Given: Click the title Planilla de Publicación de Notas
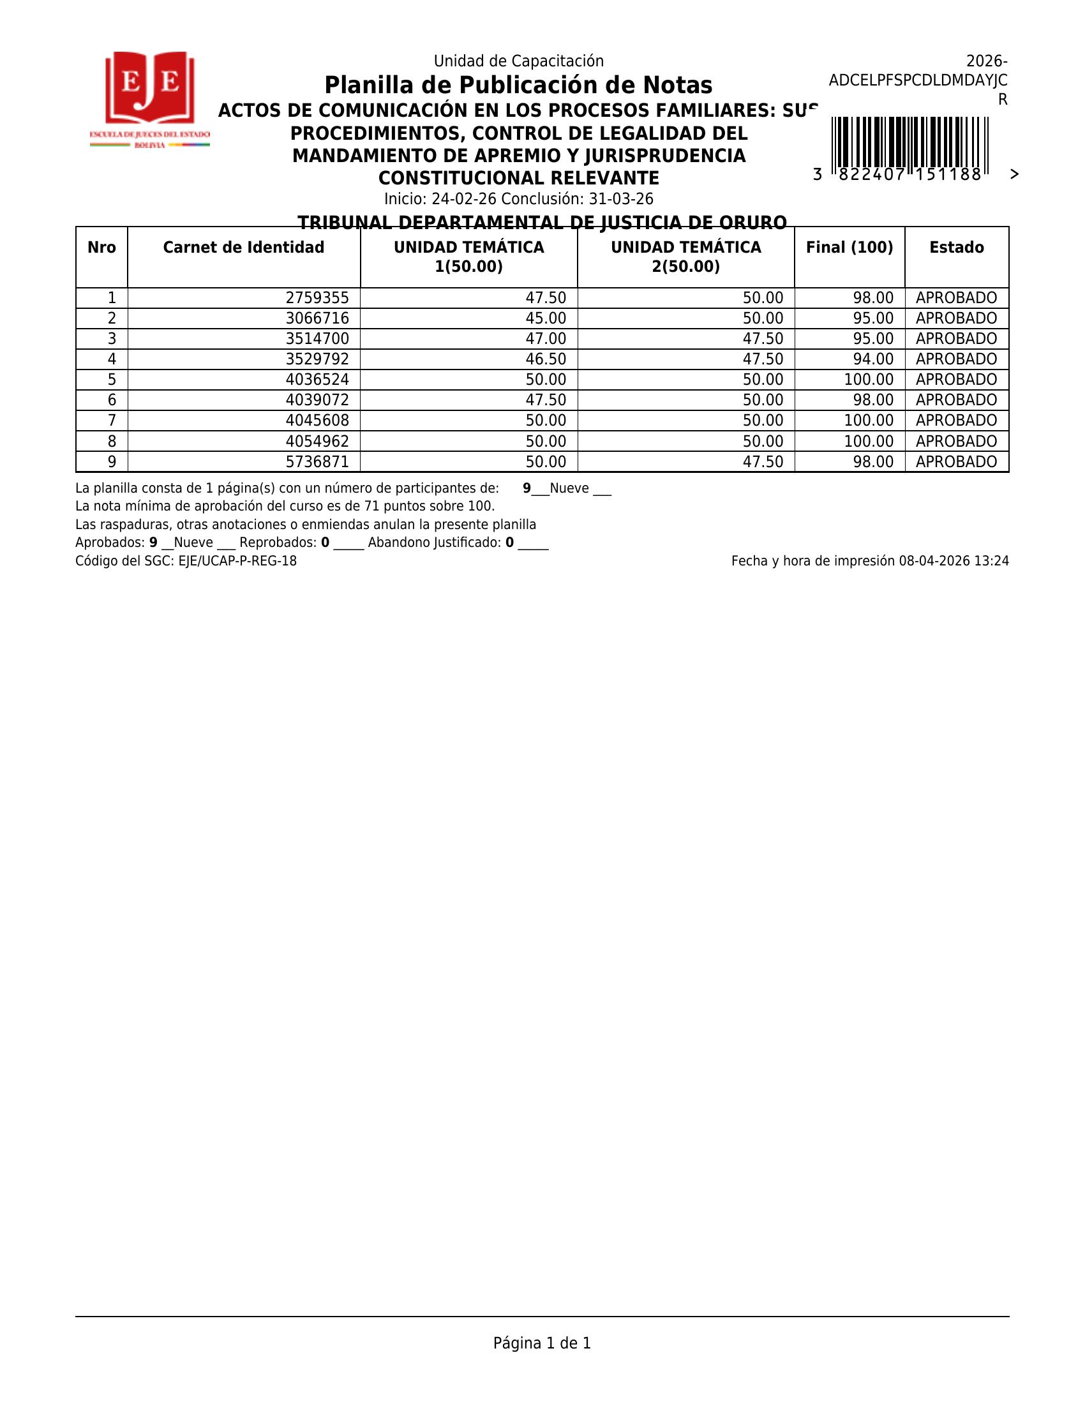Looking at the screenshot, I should coord(518,86).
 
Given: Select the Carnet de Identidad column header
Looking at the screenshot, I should coord(244,248).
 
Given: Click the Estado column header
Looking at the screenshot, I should coord(957,248).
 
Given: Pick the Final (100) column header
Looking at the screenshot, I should coord(849,248).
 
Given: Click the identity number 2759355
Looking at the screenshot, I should coord(318,298).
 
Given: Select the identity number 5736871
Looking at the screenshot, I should coord(318,461).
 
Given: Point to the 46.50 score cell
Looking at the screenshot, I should coord(546,359).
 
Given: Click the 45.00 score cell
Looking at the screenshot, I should coord(546,319).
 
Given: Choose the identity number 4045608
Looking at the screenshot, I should coord(318,421).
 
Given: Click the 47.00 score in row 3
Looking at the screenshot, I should coord(546,339).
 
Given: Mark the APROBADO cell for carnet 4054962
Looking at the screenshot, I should coord(957,442).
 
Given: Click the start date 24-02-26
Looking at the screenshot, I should coord(464,199).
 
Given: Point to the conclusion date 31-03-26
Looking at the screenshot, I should coord(621,199).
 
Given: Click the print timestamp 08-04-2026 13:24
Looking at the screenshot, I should coord(954,561).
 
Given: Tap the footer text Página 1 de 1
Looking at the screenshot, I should coord(542,1343).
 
